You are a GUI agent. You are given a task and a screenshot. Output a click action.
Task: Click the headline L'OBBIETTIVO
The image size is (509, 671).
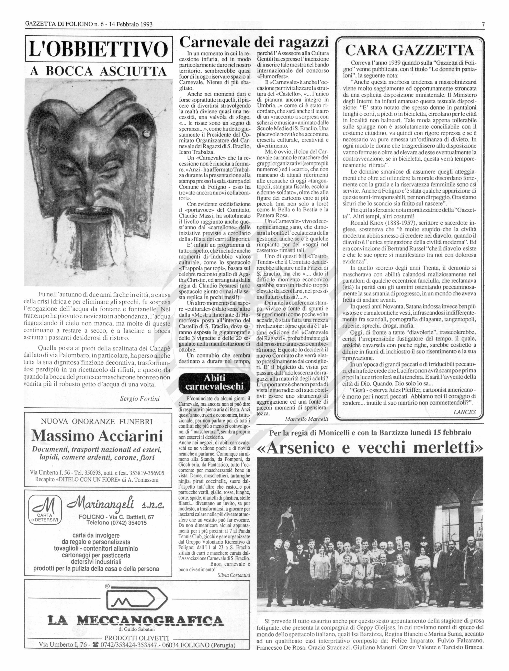click(99, 49)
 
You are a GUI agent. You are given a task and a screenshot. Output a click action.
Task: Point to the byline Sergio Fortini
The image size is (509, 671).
click(140, 398)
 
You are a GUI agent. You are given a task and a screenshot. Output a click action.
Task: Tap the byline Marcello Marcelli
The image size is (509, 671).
click(306, 419)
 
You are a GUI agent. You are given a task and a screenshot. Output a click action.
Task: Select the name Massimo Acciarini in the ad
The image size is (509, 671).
click(97, 436)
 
